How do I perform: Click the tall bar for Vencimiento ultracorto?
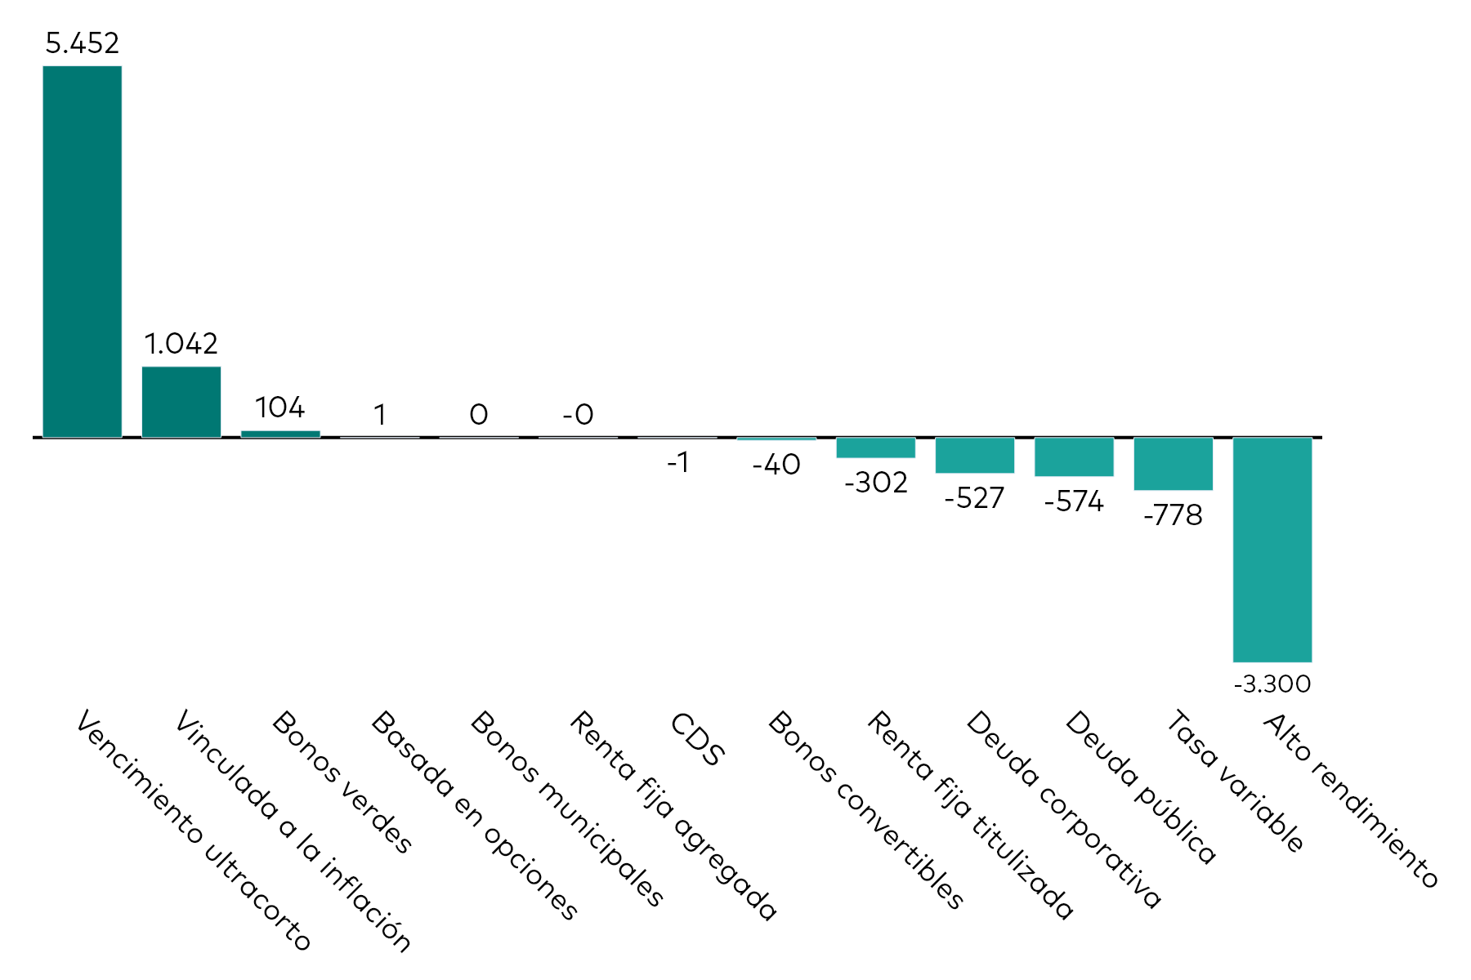[82, 252]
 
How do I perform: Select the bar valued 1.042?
[181, 402]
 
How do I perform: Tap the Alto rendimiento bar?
[1272, 549]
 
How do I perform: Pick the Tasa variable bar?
[1173, 463]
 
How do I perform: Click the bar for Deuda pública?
[1074, 457]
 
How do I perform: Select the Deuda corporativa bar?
[974, 455]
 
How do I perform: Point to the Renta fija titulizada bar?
[875, 448]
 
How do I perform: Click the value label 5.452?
[82, 43]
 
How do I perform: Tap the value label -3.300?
[1272, 684]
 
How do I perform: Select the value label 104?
[279, 408]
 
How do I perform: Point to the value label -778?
[1173, 515]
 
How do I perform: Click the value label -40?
[776, 465]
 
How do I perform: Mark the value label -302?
[875, 483]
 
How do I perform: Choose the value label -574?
[1074, 501]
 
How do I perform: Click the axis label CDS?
[697, 739]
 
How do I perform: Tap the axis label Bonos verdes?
[342, 782]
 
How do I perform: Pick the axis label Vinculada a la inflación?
[293, 831]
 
